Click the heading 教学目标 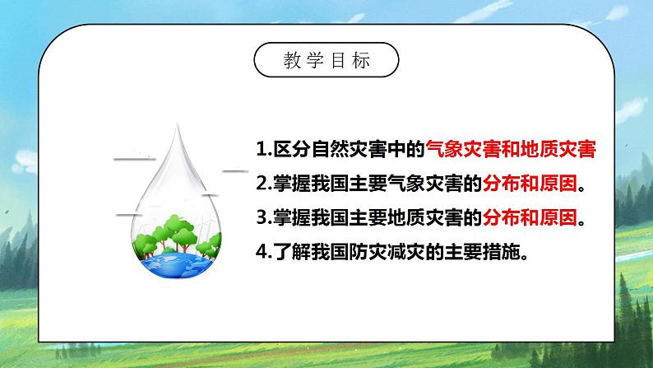[x=326, y=61]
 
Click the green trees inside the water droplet [x=184, y=231]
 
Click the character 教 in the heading [x=290, y=61]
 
